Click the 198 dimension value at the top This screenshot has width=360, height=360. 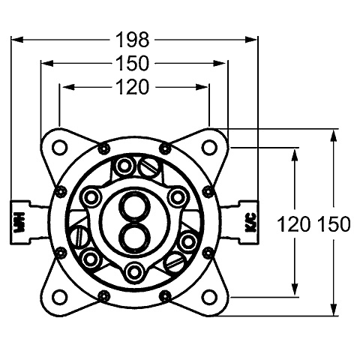[133, 40]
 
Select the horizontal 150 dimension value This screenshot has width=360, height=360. [133, 63]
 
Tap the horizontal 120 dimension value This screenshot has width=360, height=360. [133, 87]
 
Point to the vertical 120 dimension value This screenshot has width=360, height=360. [294, 223]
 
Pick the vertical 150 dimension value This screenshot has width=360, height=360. [334, 223]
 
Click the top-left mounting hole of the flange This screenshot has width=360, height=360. [59, 147]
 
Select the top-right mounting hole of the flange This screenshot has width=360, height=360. [209, 147]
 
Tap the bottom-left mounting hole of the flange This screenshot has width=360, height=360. [59, 297]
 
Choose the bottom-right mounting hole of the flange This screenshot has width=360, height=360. [209, 297]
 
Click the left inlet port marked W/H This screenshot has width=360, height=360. [20, 222]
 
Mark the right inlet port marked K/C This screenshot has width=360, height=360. [249, 222]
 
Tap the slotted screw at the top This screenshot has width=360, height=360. [148, 166]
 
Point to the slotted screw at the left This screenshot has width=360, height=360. [79, 236]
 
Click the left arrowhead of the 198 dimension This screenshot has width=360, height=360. [17, 40]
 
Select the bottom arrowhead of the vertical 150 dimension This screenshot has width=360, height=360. [333, 309]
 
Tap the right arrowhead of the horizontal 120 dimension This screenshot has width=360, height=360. [202, 87]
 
